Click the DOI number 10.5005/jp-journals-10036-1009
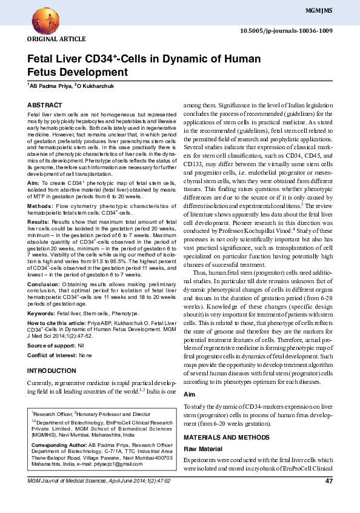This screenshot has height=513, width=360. point(287,30)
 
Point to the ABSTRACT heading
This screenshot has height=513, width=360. point(45,105)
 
